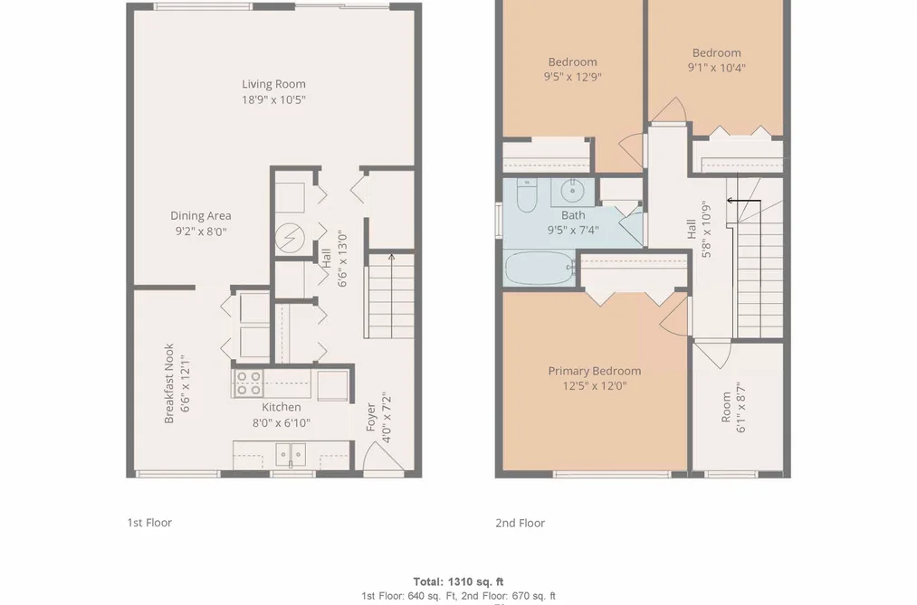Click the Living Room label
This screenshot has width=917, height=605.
point(273,84)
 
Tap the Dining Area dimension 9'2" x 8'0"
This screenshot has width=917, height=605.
point(201,232)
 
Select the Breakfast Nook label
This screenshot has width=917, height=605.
point(169,383)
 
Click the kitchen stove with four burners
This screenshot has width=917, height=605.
point(248,383)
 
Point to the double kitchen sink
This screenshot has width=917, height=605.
point(291,454)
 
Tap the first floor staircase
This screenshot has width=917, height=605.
point(390,296)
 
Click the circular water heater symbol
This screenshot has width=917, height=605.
point(290,238)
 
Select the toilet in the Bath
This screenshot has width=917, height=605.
point(526,195)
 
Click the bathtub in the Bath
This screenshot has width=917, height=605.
point(540,268)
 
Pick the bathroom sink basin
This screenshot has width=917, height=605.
point(571,191)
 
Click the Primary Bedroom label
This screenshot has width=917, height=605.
point(594,371)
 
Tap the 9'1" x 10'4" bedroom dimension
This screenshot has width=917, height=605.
point(716,68)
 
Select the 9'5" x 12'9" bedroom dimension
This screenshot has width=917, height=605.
point(572,77)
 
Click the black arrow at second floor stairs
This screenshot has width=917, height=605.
point(743,201)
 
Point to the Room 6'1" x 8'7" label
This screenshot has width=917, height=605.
point(733,408)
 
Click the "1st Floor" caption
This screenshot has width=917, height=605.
point(149,523)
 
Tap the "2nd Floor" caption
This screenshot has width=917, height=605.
point(520,524)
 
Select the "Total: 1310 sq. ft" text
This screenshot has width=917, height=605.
point(458,581)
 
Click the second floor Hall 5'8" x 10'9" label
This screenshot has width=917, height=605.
point(699,229)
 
